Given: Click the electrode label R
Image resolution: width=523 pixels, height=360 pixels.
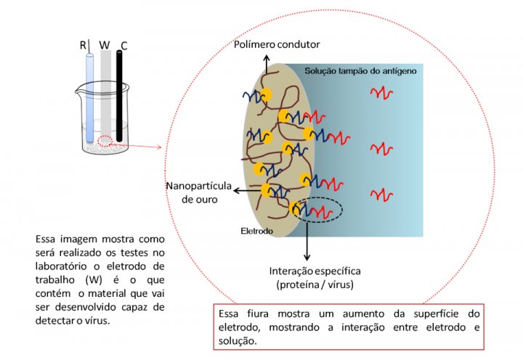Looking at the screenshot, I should point(83,46).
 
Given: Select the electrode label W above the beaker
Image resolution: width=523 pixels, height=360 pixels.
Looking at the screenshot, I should point(105,46).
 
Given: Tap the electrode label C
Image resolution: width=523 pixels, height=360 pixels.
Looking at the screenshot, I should point(124,46).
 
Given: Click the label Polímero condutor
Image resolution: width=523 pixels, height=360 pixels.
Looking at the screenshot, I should point(277,45).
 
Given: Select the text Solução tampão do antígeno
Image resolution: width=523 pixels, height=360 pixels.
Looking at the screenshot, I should point(360,70).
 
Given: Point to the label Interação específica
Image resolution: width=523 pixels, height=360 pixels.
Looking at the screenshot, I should point(315,271).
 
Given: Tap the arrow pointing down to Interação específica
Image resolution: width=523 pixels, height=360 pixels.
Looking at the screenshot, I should point(308,242).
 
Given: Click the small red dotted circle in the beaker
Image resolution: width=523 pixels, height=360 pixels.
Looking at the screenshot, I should point(106,141).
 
